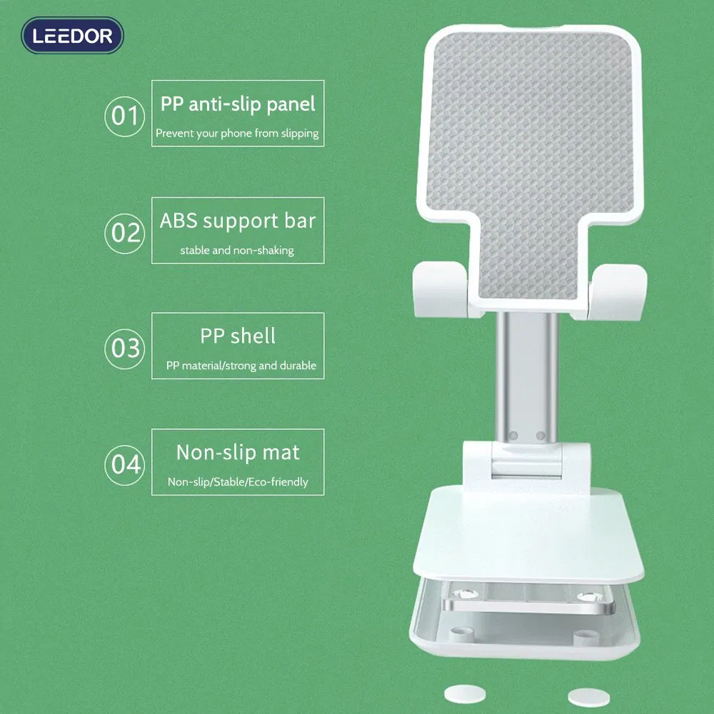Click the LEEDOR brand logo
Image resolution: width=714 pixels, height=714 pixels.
tap(72, 36)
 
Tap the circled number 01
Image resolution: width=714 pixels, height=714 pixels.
tap(125, 116)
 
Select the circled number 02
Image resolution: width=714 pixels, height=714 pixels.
tap(125, 233)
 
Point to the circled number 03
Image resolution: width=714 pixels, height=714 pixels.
tap(125, 349)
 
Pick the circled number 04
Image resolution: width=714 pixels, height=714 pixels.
tap(125, 465)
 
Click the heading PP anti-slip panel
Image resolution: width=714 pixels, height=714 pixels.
tap(238, 104)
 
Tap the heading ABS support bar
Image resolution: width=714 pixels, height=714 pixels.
tap(238, 221)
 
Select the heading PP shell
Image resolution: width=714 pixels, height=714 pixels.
tap(238, 336)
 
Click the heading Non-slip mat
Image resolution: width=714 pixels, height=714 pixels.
tap(238, 453)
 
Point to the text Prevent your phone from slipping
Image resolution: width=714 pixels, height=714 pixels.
tap(237, 134)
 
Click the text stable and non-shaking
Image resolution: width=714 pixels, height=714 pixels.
tap(237, 251)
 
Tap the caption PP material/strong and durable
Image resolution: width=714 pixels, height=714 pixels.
tap(241, 366)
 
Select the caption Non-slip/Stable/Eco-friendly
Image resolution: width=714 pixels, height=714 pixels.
tap(238, 482)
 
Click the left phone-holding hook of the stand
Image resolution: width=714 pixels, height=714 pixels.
tap(441, 289)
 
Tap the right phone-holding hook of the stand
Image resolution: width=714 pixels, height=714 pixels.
tap(618, 291)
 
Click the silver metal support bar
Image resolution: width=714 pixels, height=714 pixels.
tap(527, 377)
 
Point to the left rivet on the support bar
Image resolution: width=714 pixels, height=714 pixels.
tap(513, 436)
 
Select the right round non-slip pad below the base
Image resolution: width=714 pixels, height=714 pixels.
tap(589, 698)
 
